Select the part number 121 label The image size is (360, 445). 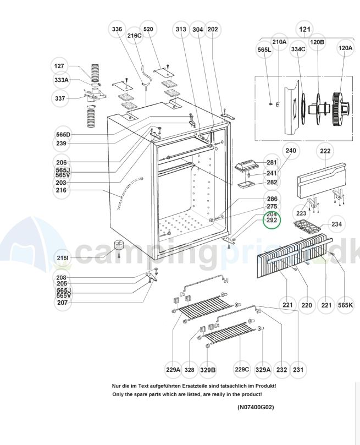(303, 29)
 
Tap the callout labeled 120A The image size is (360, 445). (345, 48)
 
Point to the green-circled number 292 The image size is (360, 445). (272, 221)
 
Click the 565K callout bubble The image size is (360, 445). (348, 304)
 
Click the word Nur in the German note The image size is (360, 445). (118, 386)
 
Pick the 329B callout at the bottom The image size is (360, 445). (207, 370)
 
